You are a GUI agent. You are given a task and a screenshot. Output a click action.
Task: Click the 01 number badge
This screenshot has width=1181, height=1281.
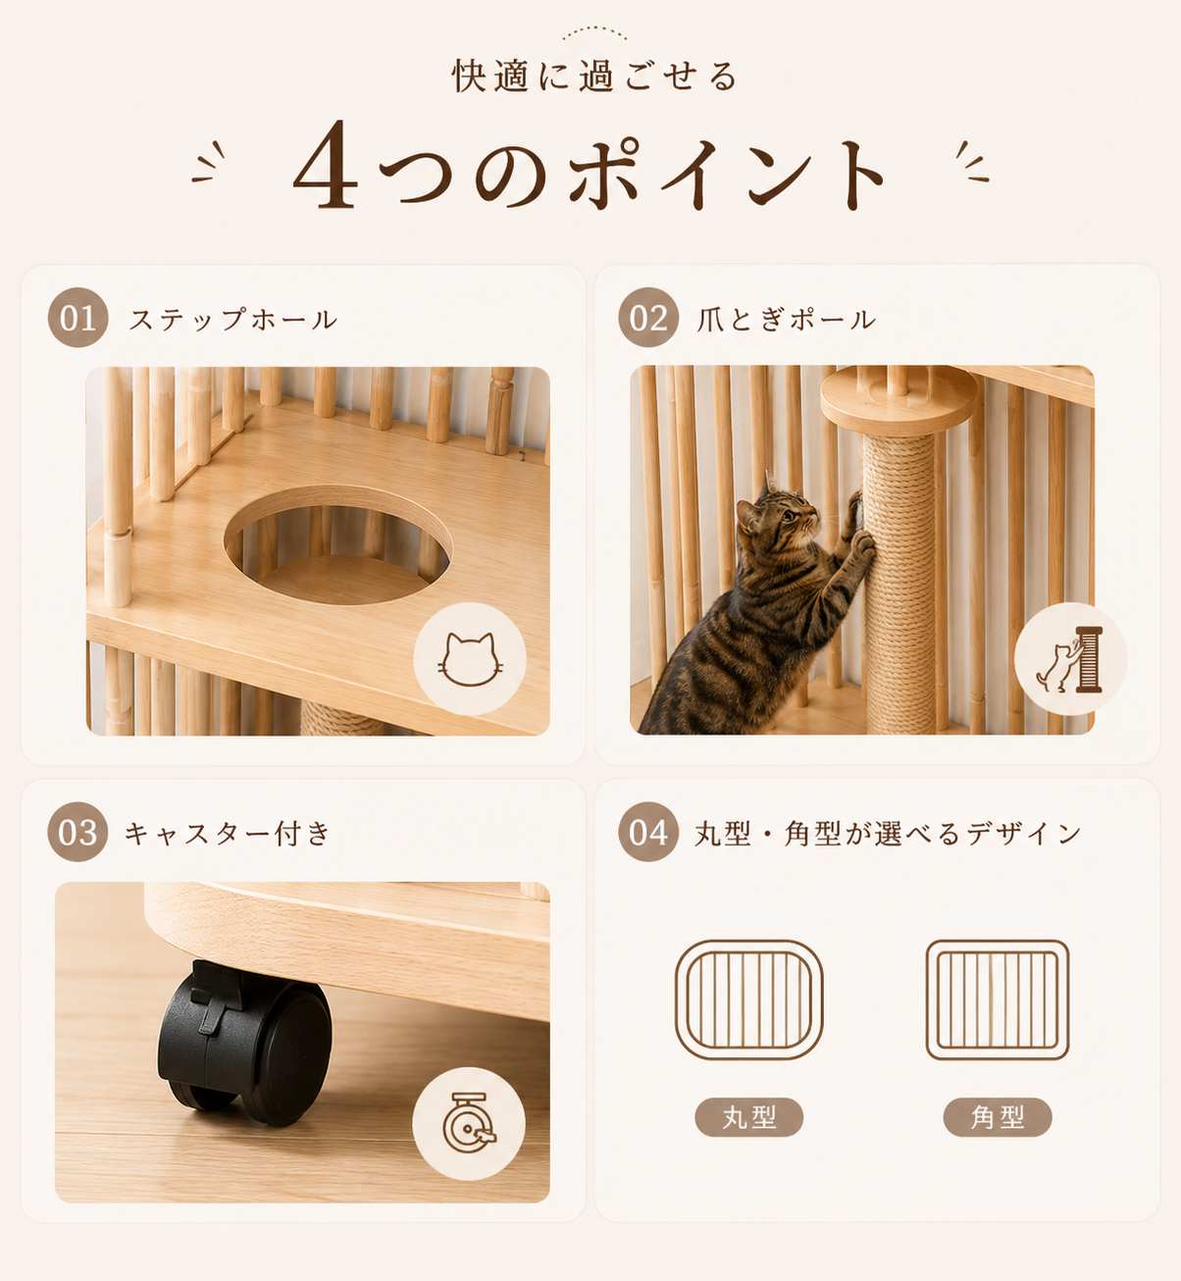pos(78,318)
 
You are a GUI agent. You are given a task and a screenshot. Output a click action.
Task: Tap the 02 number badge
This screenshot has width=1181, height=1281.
pos(648,318)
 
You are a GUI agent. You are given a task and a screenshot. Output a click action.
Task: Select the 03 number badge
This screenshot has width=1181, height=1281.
pos(77,832)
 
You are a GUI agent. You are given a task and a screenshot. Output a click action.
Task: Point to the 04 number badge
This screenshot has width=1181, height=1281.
pos(648,832)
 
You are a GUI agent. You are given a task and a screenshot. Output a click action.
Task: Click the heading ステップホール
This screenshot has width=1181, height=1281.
pos(233,320)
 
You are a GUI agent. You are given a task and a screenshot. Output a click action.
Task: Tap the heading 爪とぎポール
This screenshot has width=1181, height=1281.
pos(786,320)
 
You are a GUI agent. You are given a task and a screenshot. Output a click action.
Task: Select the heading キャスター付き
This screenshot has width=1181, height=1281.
pos(228,833)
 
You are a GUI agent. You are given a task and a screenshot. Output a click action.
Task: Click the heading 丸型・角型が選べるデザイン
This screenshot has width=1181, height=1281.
pos(888,833)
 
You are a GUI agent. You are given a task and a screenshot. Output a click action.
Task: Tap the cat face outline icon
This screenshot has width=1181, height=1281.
pos(470,659)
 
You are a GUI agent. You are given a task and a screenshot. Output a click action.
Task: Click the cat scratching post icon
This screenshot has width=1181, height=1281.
pos(1070,658)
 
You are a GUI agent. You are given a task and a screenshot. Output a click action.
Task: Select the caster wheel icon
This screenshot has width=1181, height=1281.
pos(469,1123)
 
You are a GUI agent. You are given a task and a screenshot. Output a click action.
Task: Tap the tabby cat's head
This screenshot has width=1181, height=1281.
pos(777,513)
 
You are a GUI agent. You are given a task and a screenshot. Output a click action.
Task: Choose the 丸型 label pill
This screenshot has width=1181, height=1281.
pos(748,1117)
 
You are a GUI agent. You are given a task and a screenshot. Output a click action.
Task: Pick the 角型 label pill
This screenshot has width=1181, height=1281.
pos(997,1117)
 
